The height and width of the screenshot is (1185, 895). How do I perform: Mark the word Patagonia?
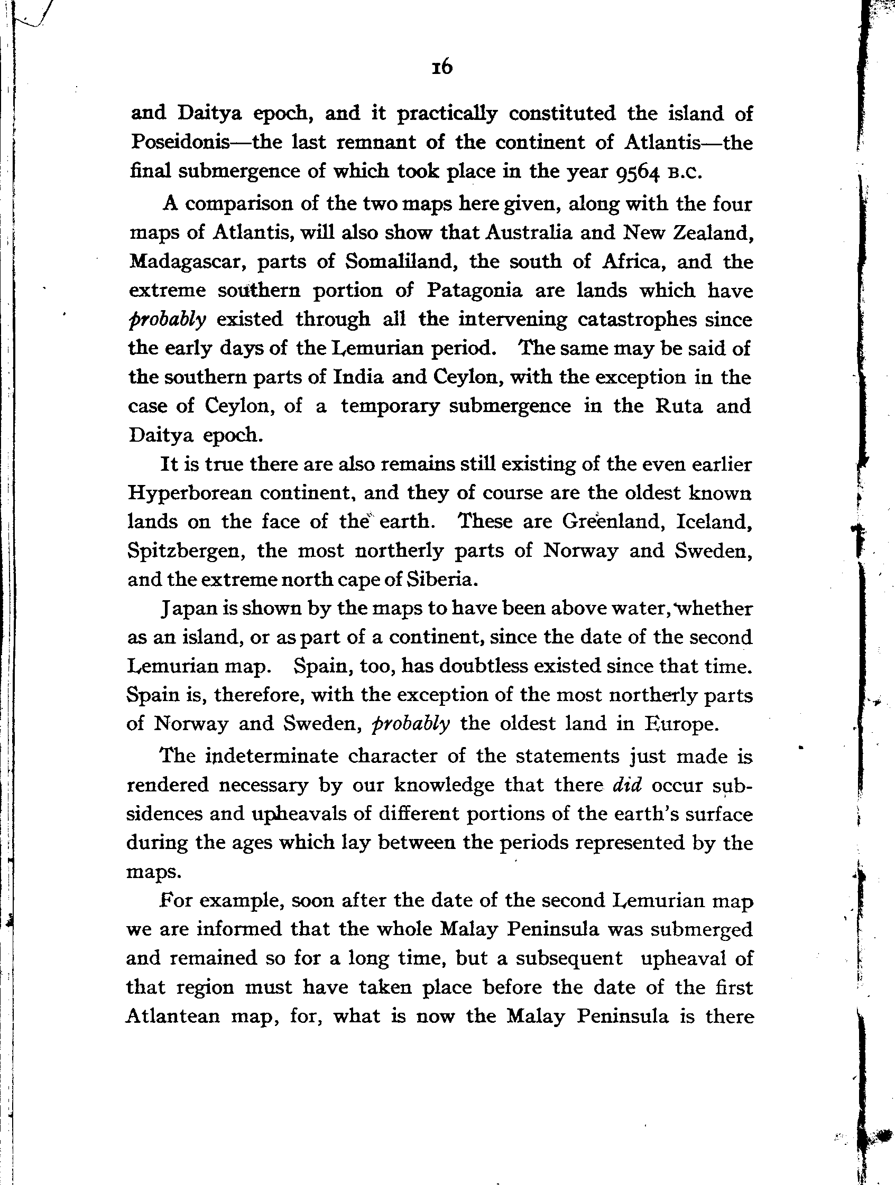(474, 291)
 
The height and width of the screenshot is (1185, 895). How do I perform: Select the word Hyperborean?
(190, 493)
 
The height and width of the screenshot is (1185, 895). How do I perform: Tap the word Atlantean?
(172, 1016)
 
